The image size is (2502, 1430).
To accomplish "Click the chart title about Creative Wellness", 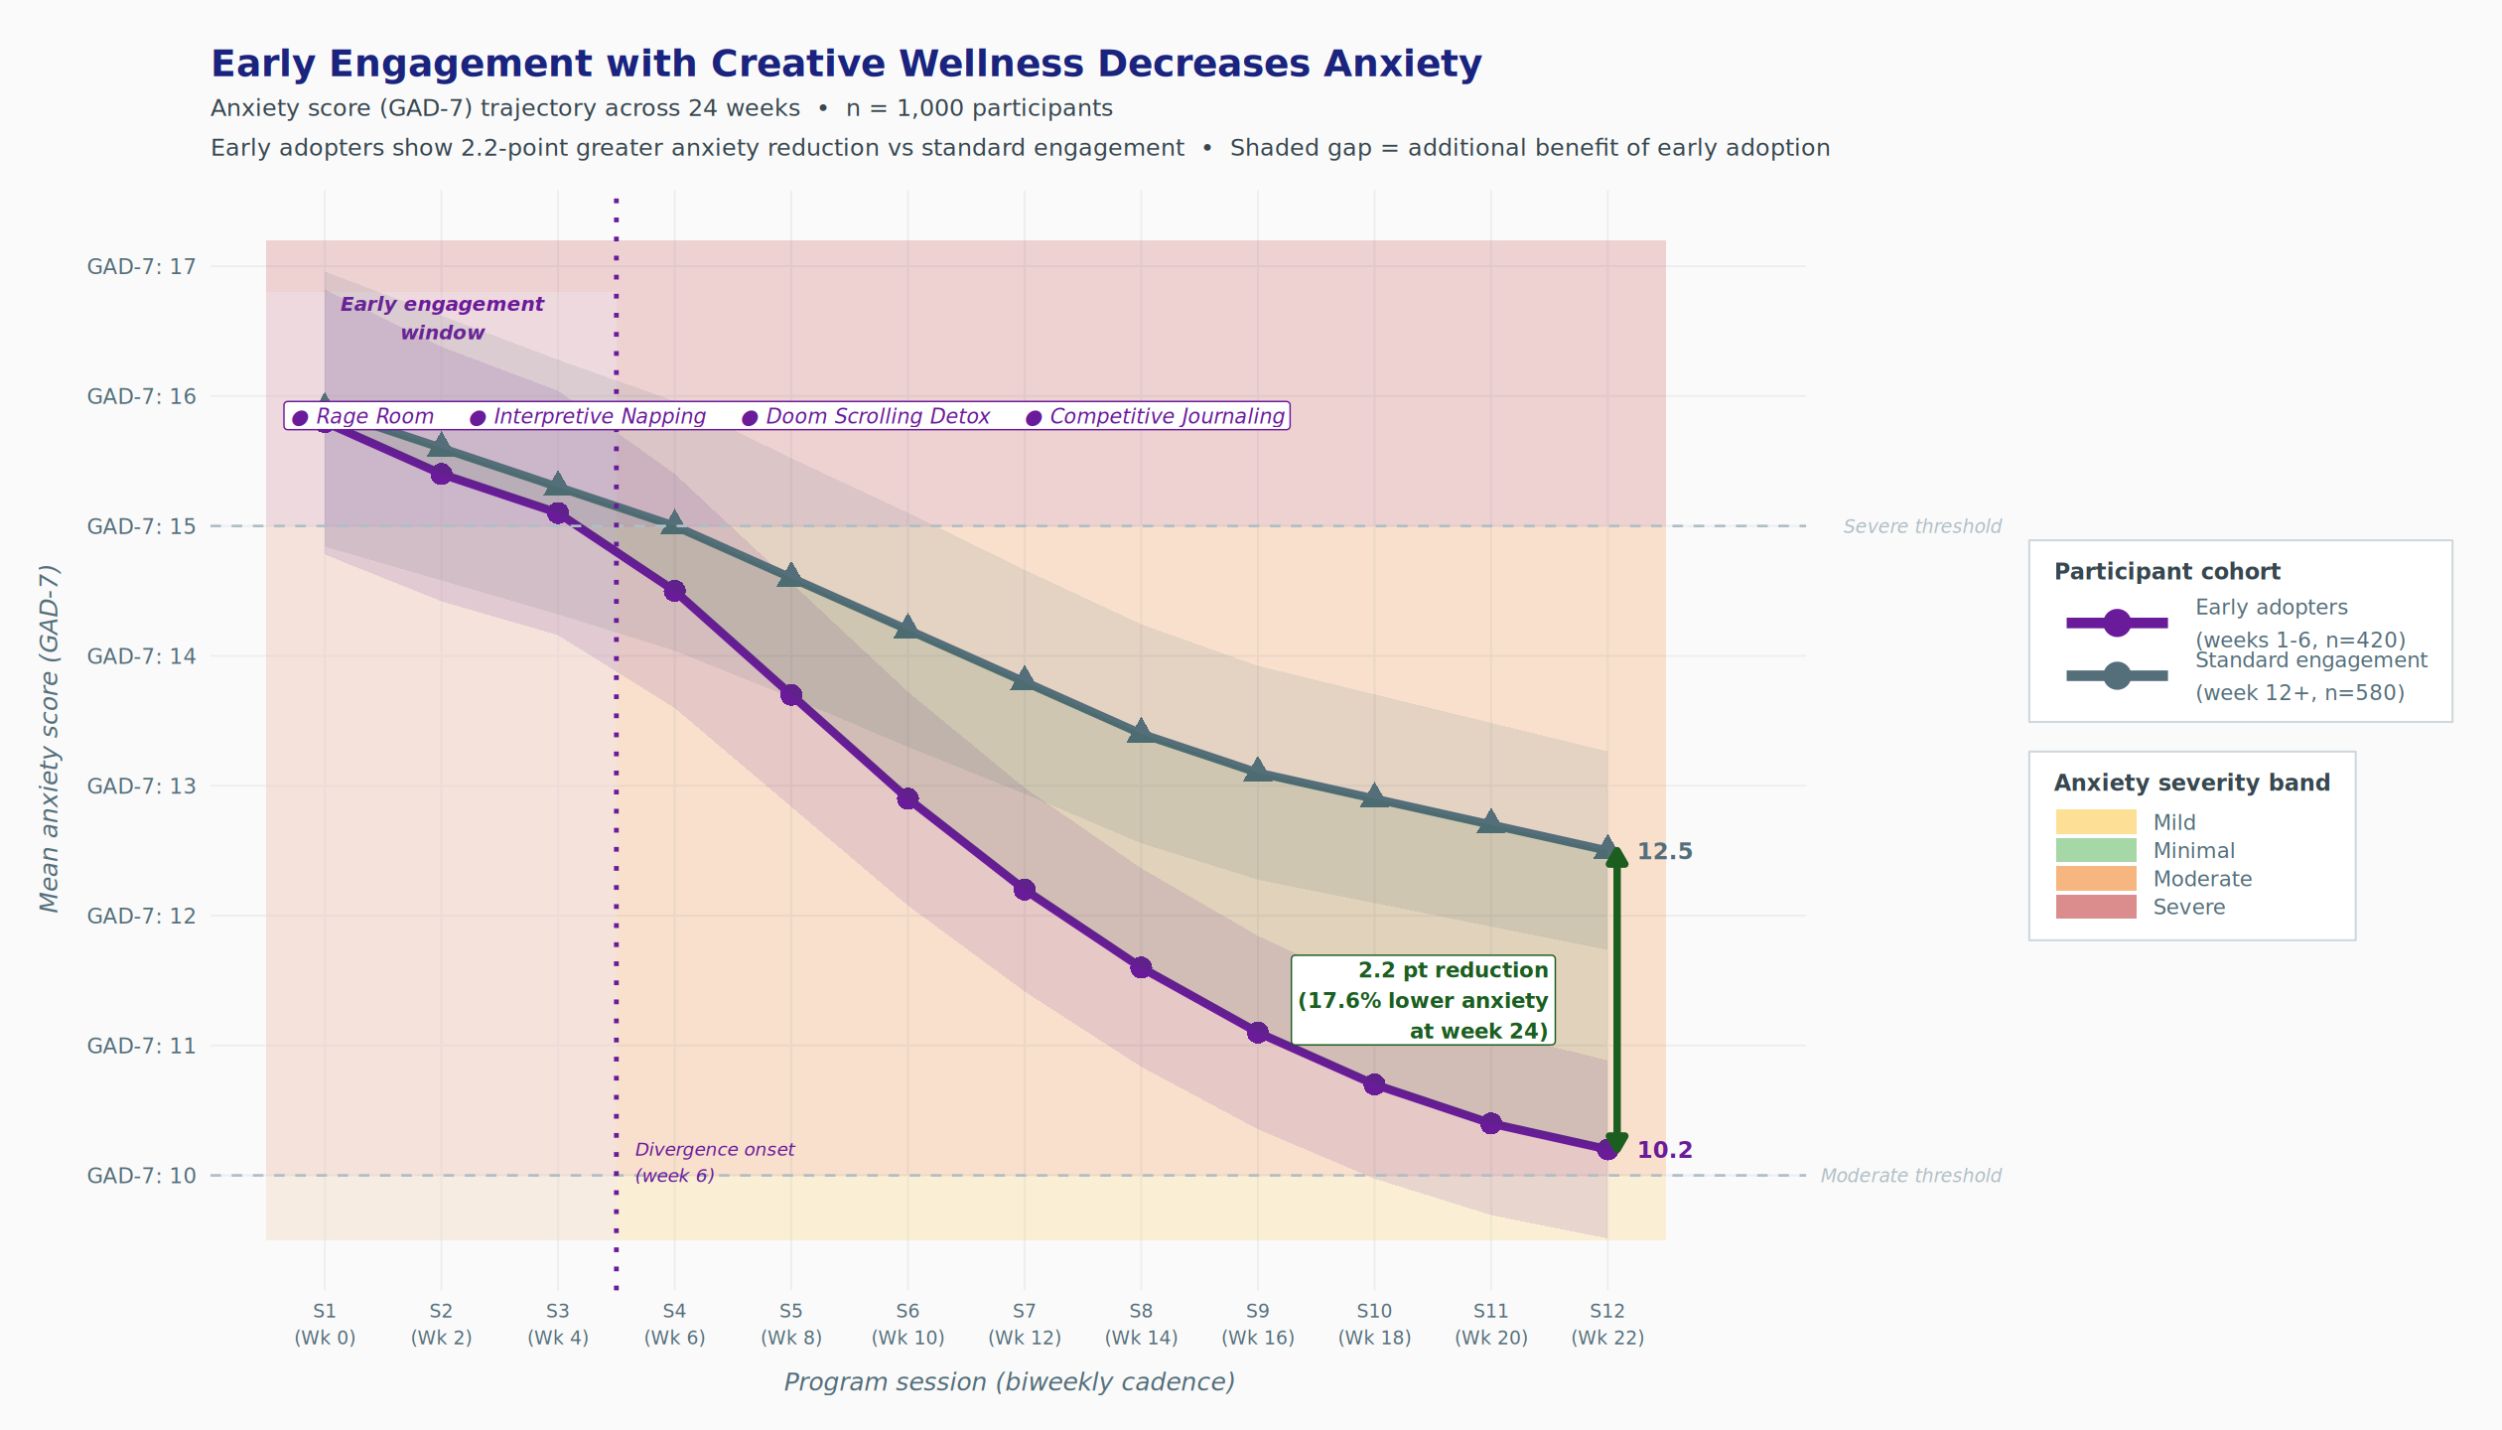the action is click(846, 64).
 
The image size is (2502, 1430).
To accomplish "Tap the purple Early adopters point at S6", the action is click(907, 798).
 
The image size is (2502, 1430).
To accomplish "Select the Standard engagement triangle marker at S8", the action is click(1141, 732).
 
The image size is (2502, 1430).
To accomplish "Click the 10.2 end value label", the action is click(1664, 1150).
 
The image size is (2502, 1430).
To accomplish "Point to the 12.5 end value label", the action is click(1664, 851).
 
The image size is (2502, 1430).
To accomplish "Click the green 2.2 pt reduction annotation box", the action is click(1423, 1000).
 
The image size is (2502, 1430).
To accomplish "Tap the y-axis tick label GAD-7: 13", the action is click(142, 786).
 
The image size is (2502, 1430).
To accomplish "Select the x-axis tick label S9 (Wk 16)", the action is click(1258, 1324).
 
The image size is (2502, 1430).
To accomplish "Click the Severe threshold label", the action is click(1922, 526).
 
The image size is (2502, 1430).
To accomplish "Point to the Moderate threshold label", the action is click(1910, 1176).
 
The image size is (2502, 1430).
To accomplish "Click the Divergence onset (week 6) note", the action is click(715, 1162).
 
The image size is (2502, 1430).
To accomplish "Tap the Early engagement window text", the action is click(442, 318).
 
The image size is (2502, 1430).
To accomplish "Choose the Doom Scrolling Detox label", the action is click(878, 416).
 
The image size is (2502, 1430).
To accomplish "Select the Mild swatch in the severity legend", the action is click(2096, 822).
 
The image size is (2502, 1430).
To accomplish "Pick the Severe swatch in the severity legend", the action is click(2096, 907).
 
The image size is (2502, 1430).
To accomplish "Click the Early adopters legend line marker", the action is click(2117, 623).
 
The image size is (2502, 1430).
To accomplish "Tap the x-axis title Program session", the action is click(1009, 1382).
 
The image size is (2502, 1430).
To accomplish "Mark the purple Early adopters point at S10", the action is click(1374, 1084).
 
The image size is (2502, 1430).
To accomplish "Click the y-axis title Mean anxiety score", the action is click(50, 739).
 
